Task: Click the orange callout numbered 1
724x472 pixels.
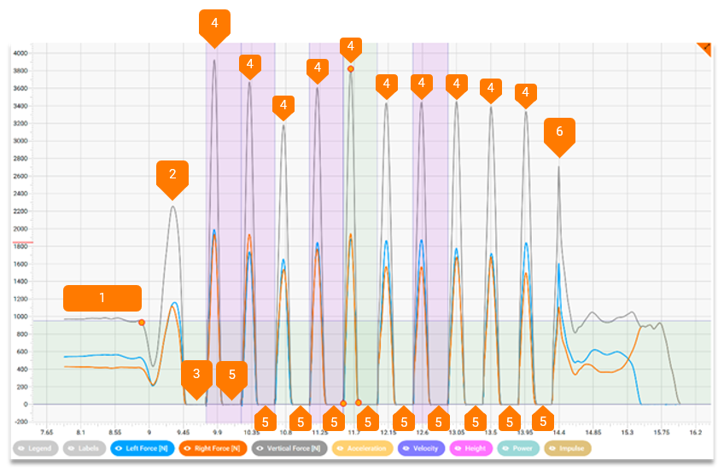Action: tap(102, 298)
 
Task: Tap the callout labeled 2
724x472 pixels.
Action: tap(172, 174)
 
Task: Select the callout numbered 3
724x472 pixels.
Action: tap(196, 374)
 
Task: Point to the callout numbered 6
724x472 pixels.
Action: tap(559, 132)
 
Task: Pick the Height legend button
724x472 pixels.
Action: tap(471, 448)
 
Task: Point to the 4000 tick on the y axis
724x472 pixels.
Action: tap(21, 53)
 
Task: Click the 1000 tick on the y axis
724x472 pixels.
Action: tap(21, 316)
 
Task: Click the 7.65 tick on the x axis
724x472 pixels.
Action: tap(47, 433)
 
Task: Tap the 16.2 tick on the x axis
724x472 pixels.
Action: tap(696, 433)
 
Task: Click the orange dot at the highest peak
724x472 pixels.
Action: tap(351, 68)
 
